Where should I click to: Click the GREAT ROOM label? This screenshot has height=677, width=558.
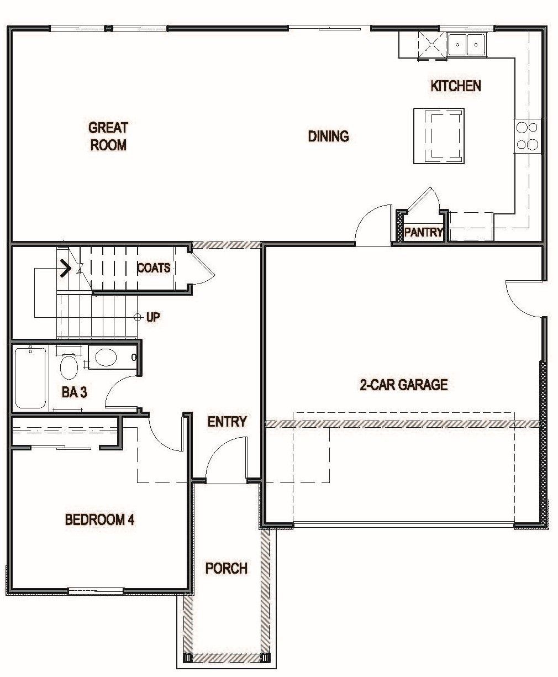108,136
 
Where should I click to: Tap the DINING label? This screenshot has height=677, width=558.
328,136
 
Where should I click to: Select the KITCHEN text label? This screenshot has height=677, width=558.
456,86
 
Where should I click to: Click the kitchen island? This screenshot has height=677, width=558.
439,136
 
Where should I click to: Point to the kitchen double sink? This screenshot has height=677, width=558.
467,44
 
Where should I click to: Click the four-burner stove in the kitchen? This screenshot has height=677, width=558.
527,136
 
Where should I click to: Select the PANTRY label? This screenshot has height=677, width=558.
424,232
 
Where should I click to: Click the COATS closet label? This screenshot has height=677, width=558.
154,268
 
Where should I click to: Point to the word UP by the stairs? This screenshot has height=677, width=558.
153,318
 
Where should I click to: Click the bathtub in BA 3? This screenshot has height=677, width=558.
30,378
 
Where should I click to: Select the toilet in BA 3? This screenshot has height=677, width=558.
69,367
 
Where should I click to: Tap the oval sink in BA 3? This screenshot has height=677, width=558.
106,357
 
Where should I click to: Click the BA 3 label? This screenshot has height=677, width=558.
75,392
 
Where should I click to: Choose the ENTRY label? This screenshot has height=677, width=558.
227,422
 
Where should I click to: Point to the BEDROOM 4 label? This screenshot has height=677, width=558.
100,520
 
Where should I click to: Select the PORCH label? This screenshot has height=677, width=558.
227,568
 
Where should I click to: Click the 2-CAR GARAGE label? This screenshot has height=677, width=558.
404,385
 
